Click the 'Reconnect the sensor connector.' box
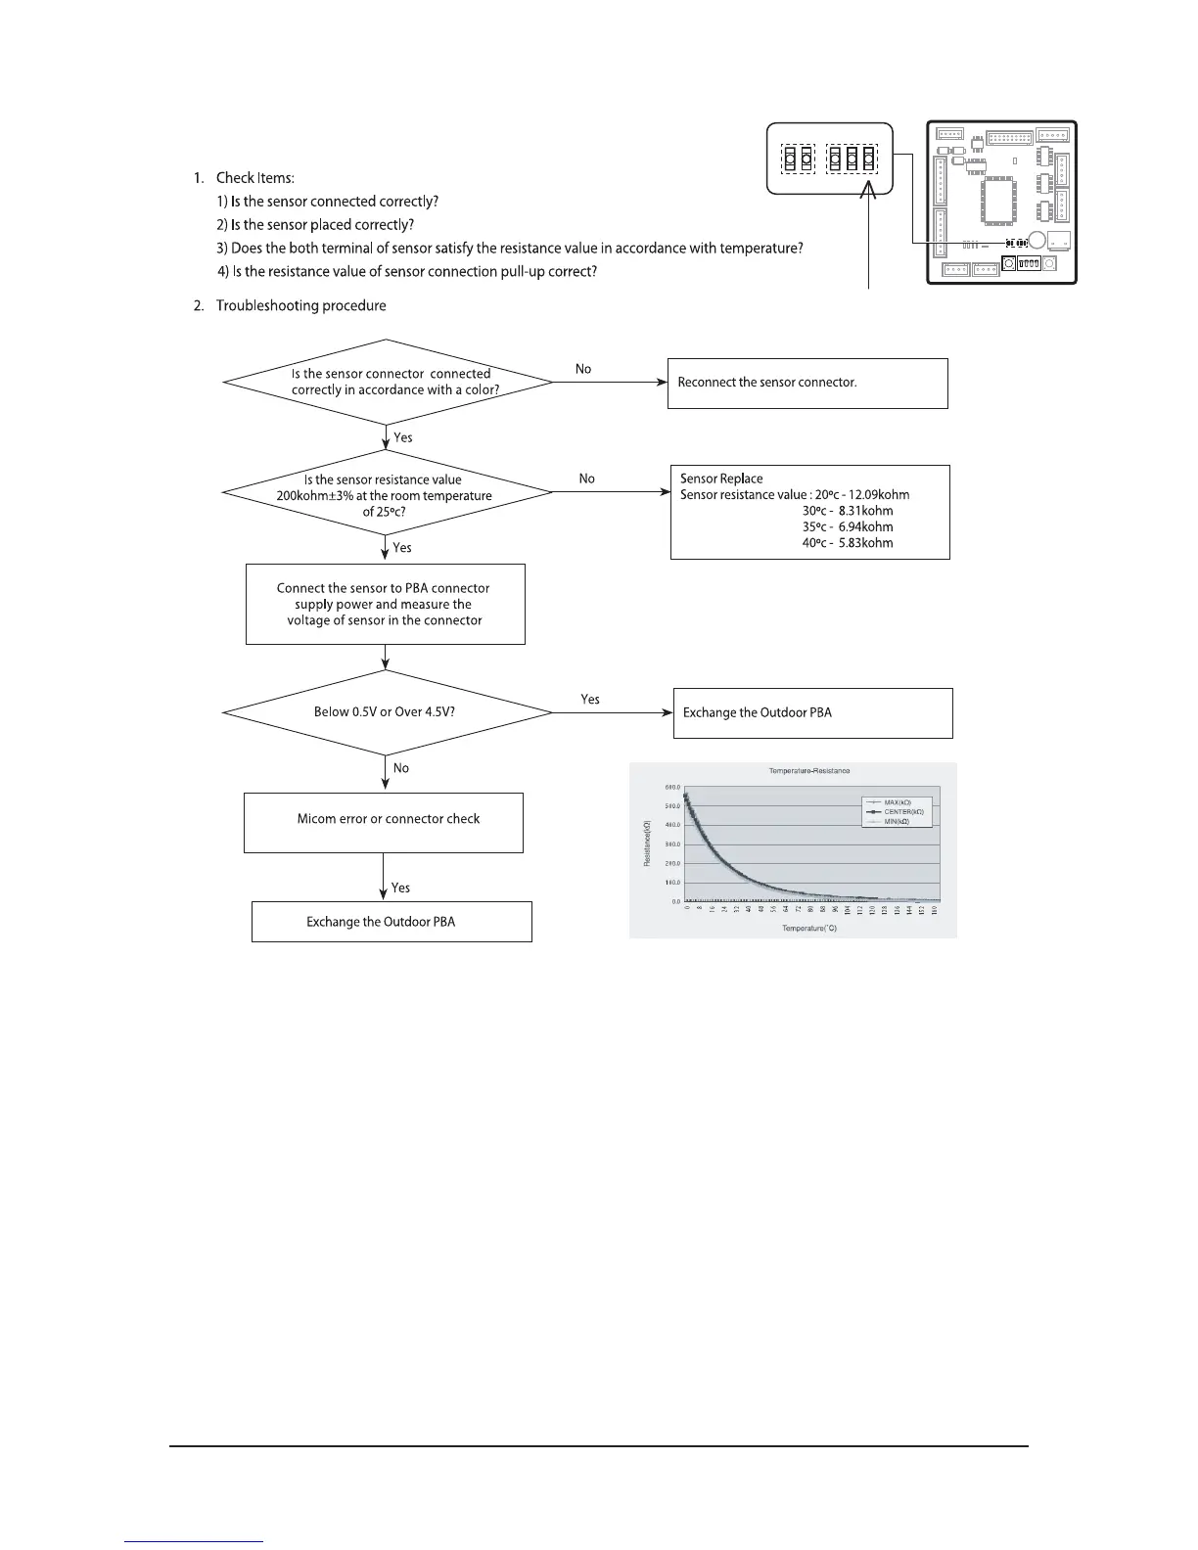pyautogui.click(x=807, y=383)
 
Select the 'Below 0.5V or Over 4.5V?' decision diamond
pyautogui.click(x=388, y=712)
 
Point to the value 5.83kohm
pyautogui.click(x=865, y=543)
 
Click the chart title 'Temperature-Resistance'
pyautogui.click(x=809, y=771)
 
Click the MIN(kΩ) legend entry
pyautogui.click(x=897, y=822)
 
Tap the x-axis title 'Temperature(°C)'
pyautogui.click(x=809, y=929)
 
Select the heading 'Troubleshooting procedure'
pyautogui.click(x=300, y=306)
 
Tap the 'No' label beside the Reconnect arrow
pyautogui.click(x=583, y=369)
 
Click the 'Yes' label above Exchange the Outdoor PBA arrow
pyautogui.click(x=590, y=700)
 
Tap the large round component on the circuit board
pyautogui.click(x=1037, y=241)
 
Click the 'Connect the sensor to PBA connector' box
pyautogui.click(x=385, y=604)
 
